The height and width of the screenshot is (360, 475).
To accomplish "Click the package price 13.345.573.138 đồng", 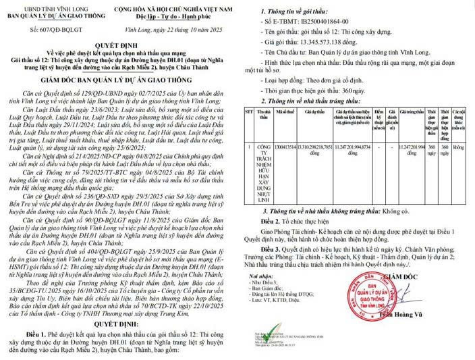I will point(336,47).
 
